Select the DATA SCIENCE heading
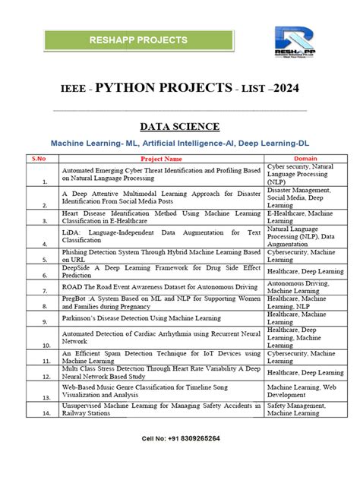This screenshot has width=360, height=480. coord(180,126)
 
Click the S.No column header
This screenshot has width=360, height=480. coord(38,159)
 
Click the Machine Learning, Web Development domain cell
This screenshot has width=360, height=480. coord(302,391)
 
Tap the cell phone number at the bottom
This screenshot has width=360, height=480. coord(181,439)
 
